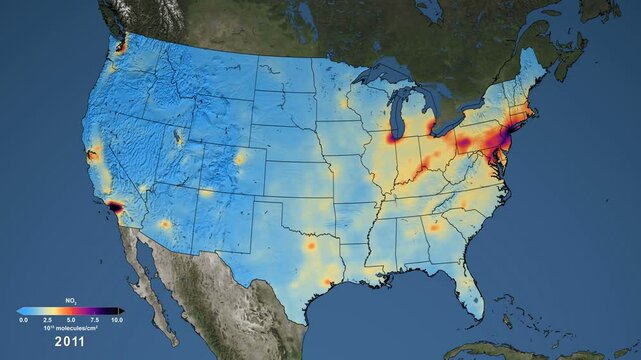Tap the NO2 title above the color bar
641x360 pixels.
click(69, 301)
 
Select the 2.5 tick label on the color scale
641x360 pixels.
click(46, 319)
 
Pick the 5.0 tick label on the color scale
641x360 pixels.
click(69, 319)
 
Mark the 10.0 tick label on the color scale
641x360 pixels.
click(116, 319)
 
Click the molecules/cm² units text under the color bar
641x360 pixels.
click(70, 326)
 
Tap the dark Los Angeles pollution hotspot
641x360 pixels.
click(113, 206)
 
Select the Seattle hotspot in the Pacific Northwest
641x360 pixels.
click(121, 46)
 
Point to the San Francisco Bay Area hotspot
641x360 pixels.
click(92, 154)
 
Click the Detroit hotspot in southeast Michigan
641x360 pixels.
click(431, 128)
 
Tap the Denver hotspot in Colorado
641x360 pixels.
click(240, 158)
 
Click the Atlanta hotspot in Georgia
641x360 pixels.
click(435, 226)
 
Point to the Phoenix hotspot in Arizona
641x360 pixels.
click(166, 224)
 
